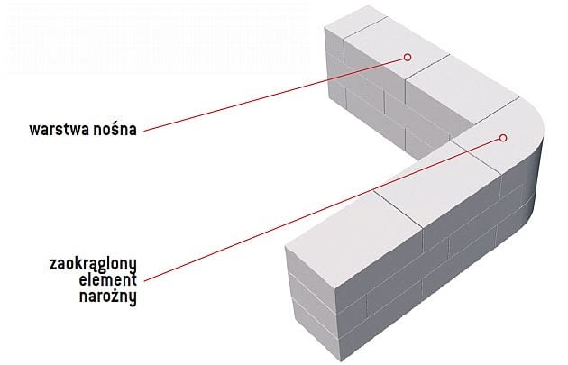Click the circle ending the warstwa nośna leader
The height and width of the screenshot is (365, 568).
point(407,56)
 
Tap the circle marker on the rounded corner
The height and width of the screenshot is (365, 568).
point(504,138)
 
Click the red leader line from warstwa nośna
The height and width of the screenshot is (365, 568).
point(270,94)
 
